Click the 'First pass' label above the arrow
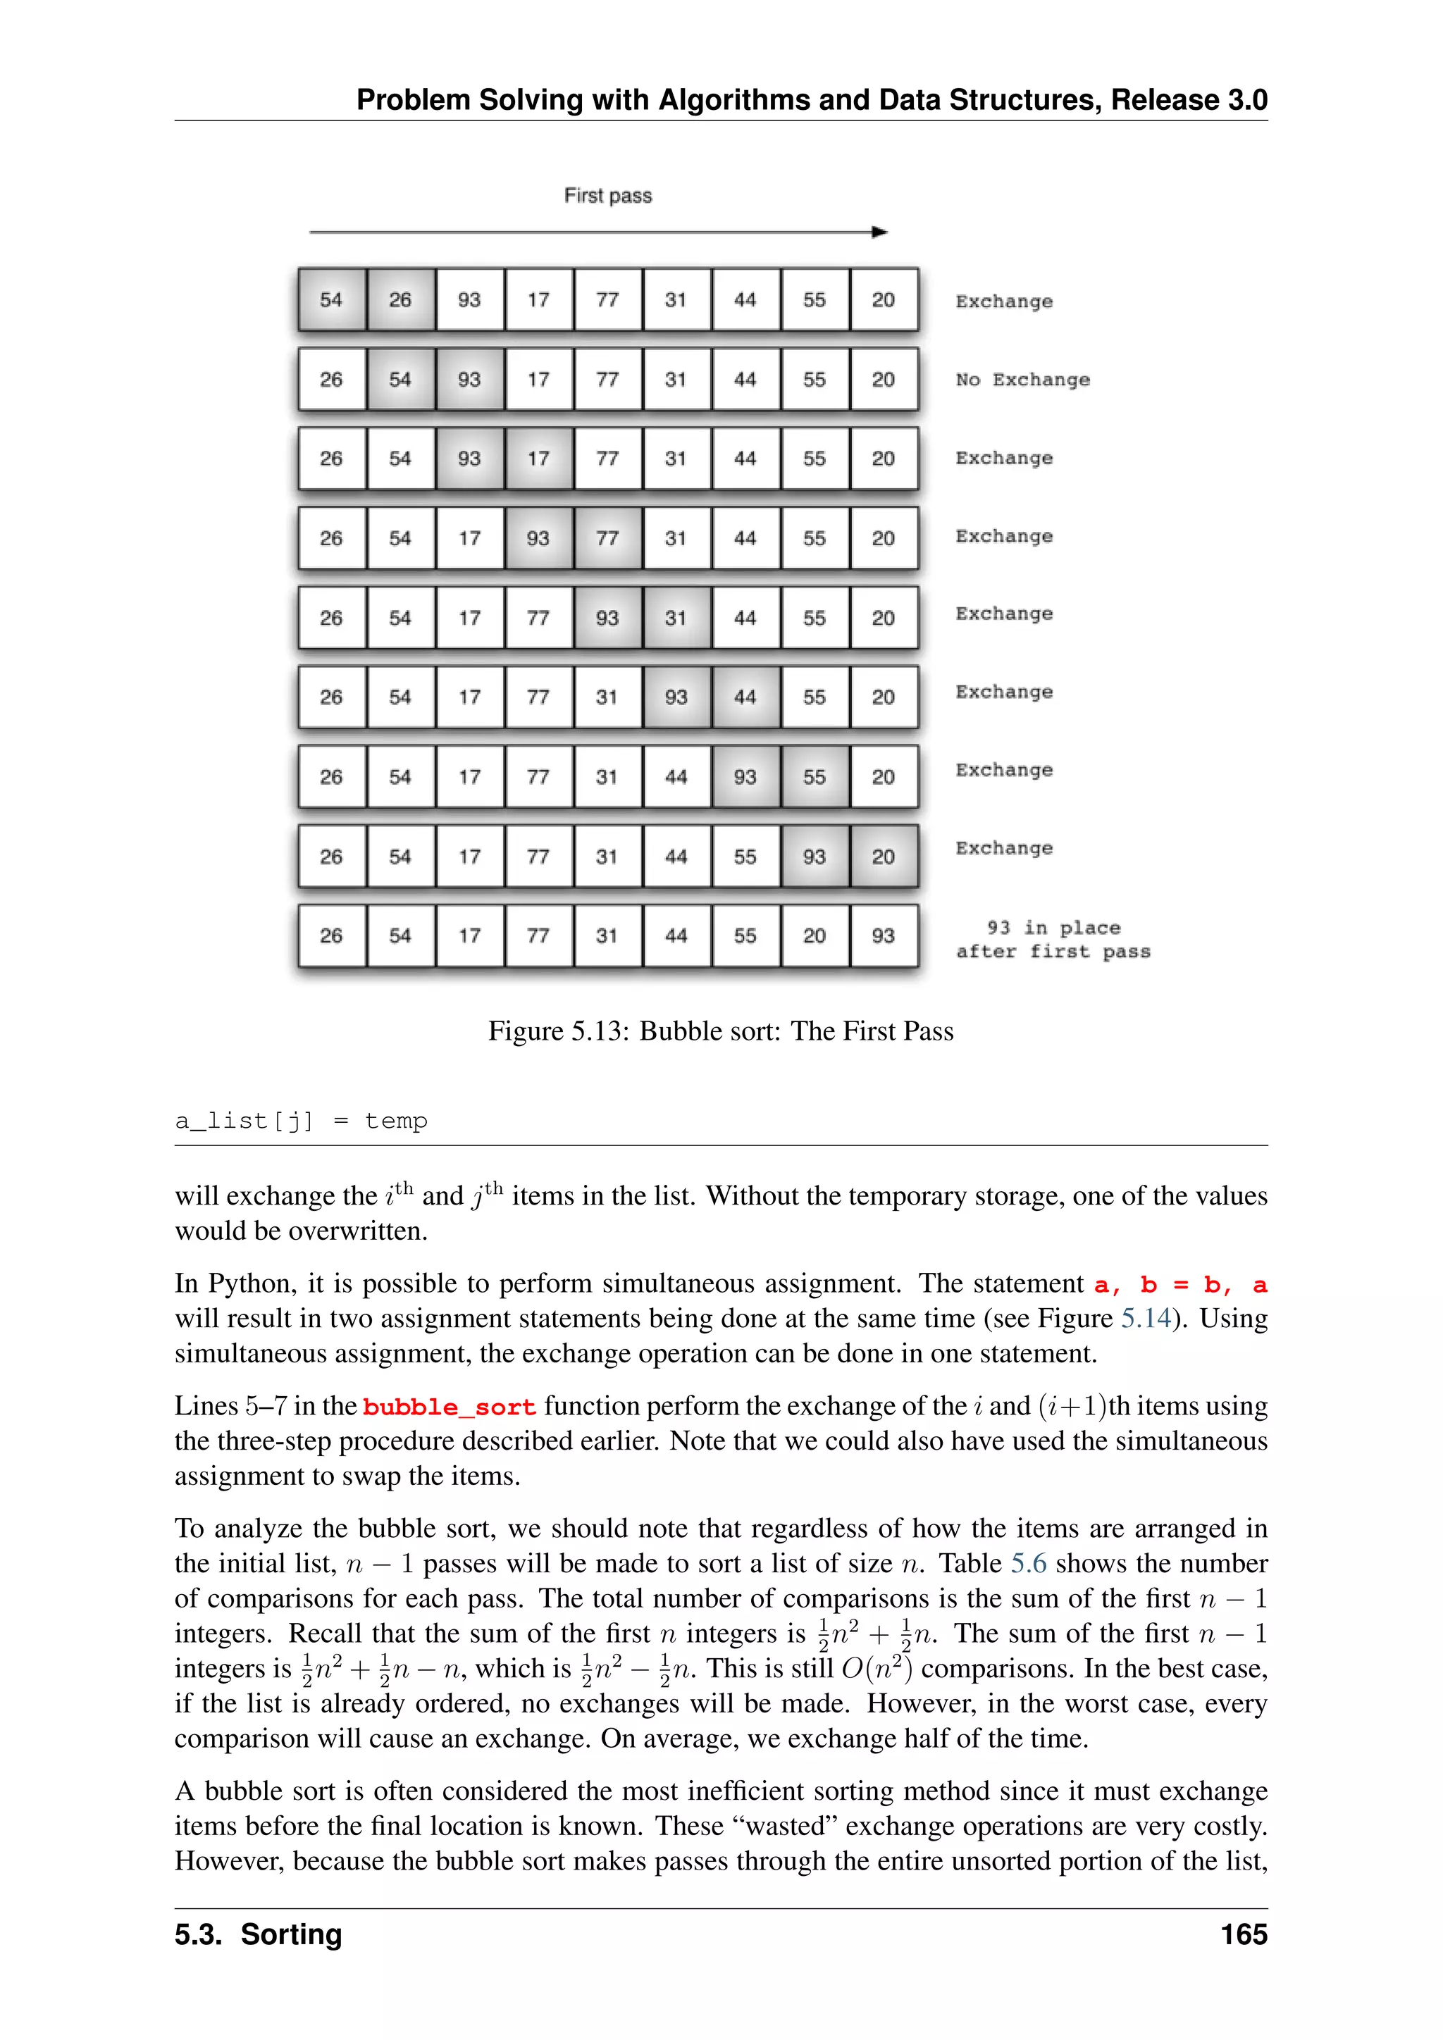pyautogui.click(x=608, y=195)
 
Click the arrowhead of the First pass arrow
pyautogui.click(x=879, y=232)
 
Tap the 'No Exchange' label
pyautogui.click(x=1022, y=380)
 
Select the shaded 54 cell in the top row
pyautogui.click(x=331, y=299)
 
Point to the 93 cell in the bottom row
pyautogui.click(x=884, y=935)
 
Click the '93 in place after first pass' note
pyautogui.click(x=1053, y=940)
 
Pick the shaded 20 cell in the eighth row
pyautogui.click(x=884, y=857)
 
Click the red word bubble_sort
pyautogui.click(x=450, y=1407)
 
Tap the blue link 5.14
pyautogui.click(x=1146, y=1319)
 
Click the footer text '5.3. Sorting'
pyautogui.click(x=259, y=1935)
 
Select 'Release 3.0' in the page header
pyautogui.click(x=1189, y=99)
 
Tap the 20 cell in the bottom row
pyautogui.click(x=814, y=935)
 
